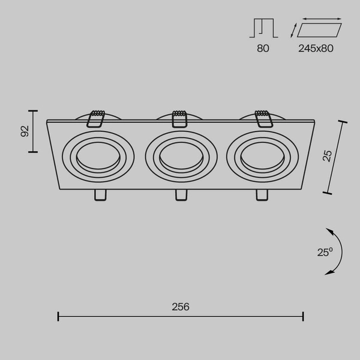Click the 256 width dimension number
tap(180, 307)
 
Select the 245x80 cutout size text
tap(316, 49)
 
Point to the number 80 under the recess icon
tap(263, 49)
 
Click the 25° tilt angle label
tap(325, 253)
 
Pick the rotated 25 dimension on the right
tap(327, 156)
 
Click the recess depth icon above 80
tap(262, 28)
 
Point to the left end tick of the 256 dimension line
tap(58, 316)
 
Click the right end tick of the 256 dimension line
tap(303, 316)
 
